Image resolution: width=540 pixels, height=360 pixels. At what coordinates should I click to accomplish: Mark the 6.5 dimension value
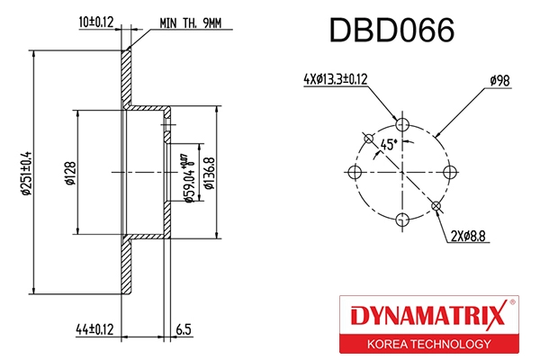(x=184, y=331)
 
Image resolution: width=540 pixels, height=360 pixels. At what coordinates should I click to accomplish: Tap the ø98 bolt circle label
(x=499, y=80)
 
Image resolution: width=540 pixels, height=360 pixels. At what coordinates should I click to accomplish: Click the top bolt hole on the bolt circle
(x=403, y=124)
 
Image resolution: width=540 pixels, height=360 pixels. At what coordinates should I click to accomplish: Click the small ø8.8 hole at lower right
(x=437, y=207)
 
